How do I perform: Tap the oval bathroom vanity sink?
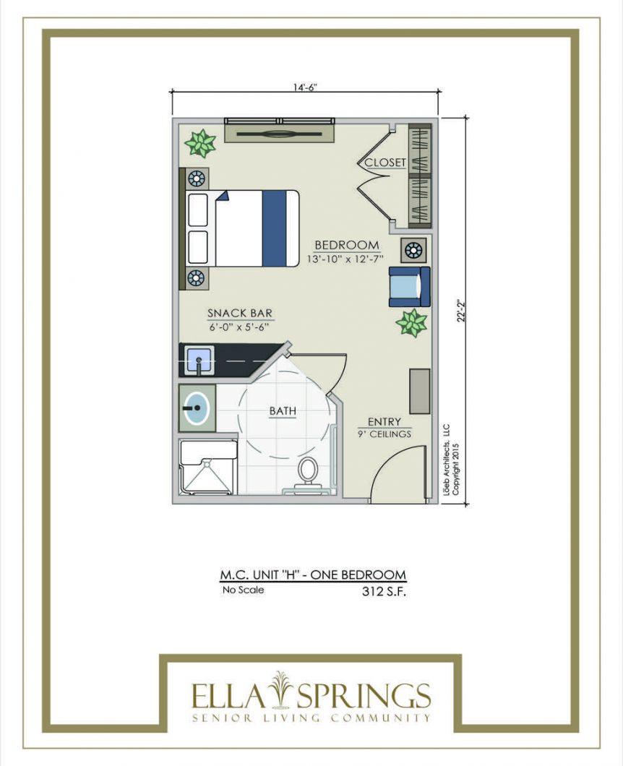point(197,408)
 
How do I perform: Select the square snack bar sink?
point(199,360)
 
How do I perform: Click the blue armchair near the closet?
point(410,287)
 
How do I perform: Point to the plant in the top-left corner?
point(200,143)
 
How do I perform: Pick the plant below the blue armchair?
point(411,322)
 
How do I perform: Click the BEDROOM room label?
point(346,245)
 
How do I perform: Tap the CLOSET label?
point(385,162)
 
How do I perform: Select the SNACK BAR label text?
point(240,313)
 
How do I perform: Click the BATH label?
point(283,411)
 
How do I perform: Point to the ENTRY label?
point(384,421)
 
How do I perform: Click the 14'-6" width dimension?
point(306,87)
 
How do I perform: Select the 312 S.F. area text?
point(384,592)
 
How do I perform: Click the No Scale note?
point(243,590)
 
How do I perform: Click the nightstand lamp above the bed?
point(197,178)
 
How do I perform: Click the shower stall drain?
point(207,460)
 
